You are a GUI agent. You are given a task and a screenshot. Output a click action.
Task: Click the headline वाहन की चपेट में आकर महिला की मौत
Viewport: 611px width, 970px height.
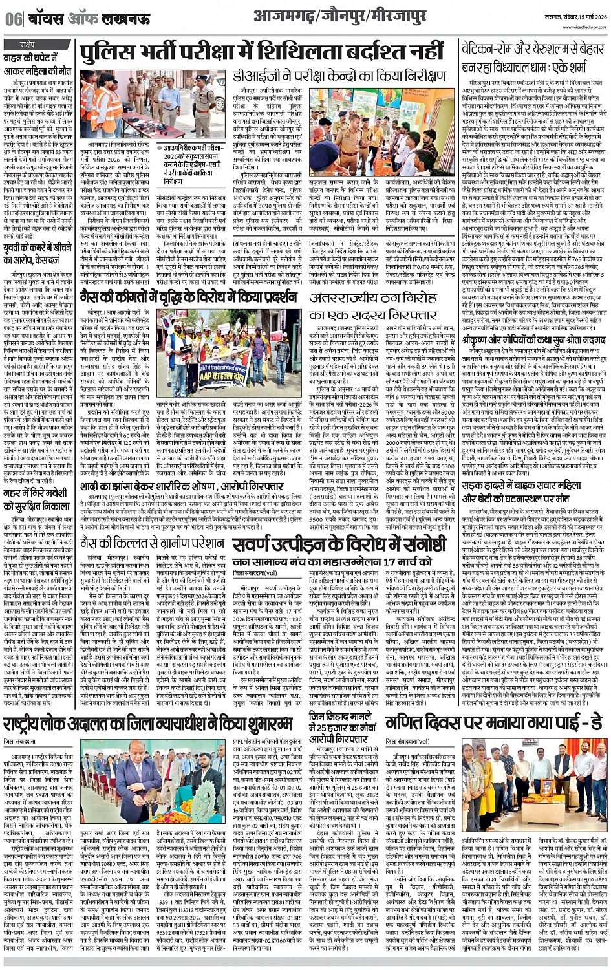38,65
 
